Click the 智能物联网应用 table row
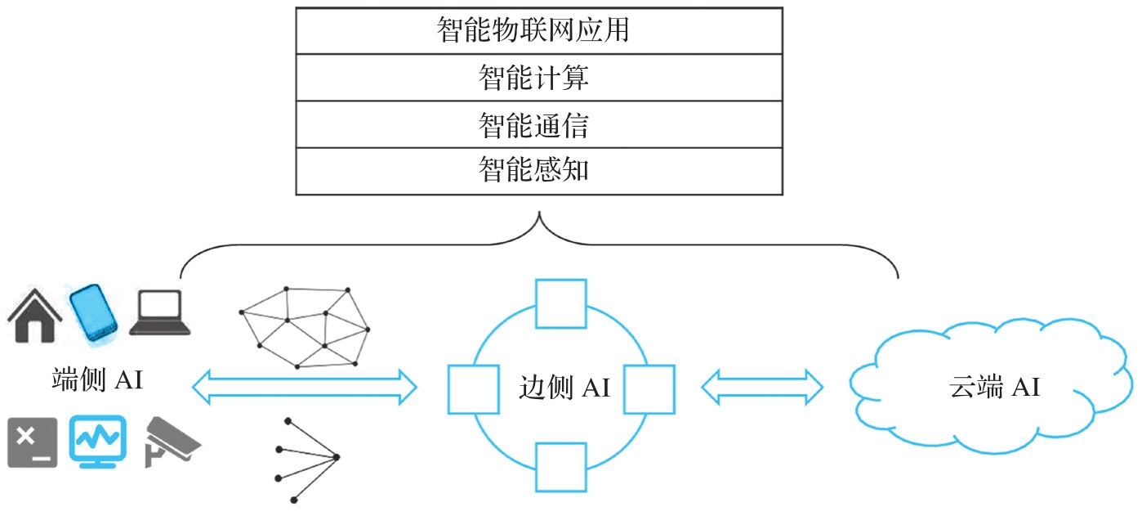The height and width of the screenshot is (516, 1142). point(538,31)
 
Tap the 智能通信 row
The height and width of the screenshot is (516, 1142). point(538,124)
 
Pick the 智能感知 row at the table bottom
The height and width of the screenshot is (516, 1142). point(538,171)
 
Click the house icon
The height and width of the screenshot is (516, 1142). point(35,315)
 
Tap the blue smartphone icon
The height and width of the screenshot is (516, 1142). point(93,312)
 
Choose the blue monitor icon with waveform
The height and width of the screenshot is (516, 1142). point(97,442)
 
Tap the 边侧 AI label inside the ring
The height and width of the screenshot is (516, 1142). point(564,387)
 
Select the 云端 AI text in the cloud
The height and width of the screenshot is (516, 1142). point(994,387)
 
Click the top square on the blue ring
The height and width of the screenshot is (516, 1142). point(560,303)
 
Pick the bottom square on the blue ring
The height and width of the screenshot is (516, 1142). point(560,467)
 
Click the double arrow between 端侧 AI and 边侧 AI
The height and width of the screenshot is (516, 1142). point(304,386)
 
